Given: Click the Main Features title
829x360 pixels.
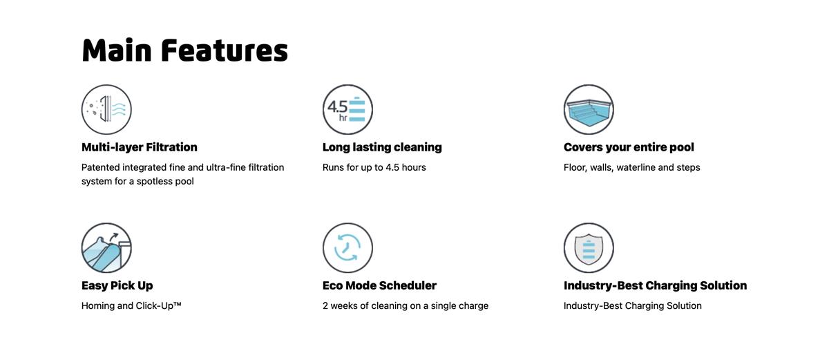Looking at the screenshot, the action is tap(184, 50).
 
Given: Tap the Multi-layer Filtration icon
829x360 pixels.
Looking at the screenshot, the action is tap(106, 109).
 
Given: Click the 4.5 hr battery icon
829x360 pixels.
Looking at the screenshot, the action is tap(347, 109).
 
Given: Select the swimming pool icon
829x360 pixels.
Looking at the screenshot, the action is tap(589, 109).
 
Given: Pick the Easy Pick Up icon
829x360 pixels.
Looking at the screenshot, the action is tap(106, 248).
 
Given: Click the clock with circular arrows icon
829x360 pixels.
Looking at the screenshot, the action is tap(347, 248).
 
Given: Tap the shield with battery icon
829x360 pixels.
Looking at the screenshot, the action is tap(589, 248).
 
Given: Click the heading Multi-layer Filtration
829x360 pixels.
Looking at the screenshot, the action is tap(139, 147).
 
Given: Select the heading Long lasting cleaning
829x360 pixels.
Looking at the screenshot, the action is tap(382, 147).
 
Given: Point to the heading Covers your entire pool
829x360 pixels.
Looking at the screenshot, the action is tap(629, 147).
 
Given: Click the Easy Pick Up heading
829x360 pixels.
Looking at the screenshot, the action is tap(117, 285).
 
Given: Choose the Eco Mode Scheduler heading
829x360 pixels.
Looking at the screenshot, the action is tap(379, 285).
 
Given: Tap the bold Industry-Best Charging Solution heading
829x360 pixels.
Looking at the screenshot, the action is tap(655, 285).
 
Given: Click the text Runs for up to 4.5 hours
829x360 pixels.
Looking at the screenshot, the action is tap(374, 168).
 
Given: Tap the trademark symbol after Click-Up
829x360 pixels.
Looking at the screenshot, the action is tap(178, 304).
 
